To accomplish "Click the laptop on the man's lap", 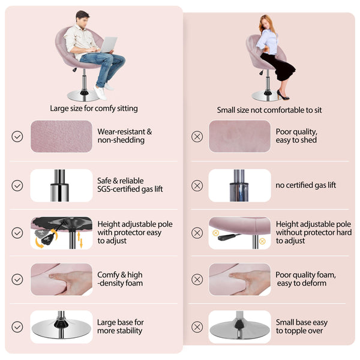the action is click(108, 44).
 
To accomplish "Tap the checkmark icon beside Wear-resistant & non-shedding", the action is click(17, 136).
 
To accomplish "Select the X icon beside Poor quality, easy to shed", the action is click(197, 137).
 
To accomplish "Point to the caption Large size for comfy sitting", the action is click(94, 109).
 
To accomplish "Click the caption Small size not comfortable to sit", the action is click(269, 110).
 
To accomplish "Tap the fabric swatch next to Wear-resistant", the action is click(61, 136).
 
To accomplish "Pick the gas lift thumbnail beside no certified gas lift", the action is click(239, 185).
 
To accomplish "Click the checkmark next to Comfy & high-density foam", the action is click(17, 279).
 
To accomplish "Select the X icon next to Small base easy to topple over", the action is click(197, 327).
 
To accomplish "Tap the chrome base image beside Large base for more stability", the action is click(61, 327).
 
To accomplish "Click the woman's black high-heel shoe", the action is click(283, 95).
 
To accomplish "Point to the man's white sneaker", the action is click(100, 92).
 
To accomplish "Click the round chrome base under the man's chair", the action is click(84, 96).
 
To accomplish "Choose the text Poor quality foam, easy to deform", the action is click(305, 279).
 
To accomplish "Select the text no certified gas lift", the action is click(305, 185).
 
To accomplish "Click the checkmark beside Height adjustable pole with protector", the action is click(17, 233).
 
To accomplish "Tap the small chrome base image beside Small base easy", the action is click(239, 327).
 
